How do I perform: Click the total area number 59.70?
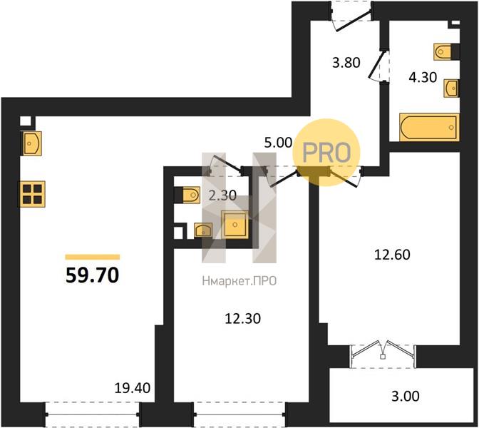coord(92,275)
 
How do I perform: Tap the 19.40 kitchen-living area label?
coord(133,388)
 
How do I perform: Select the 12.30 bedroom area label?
coord(243,319)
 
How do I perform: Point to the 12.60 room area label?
coord(392,255)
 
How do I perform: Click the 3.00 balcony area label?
coord(406,396)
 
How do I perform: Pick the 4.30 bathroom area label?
coord(423,77)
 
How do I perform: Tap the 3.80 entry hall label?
coord(346,63)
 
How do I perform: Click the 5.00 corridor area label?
coord(278,143)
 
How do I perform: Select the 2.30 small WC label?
coord(222,195)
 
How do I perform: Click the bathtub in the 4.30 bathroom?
coord(429,127)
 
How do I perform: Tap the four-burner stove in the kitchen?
coord(32,194)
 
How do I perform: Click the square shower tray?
coord(235,225)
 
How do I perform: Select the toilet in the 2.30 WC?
coord(187,195)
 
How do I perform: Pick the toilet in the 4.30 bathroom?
coord(446,51)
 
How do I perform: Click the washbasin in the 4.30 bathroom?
coord(451,88)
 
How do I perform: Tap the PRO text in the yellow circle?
coord(326,152)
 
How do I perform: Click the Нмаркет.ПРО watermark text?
coord(239,280)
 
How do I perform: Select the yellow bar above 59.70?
coord(92,257)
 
